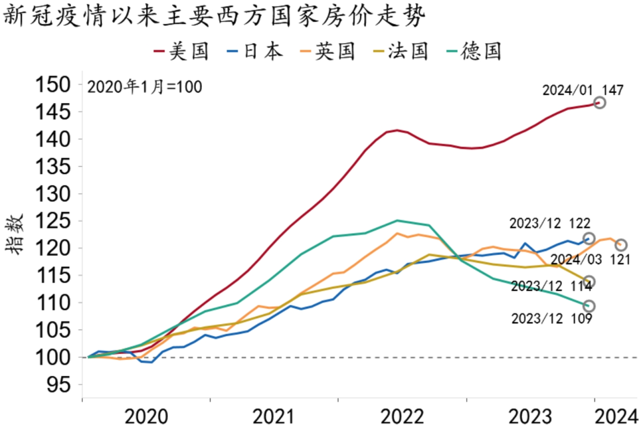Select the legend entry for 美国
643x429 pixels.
pos(182,51)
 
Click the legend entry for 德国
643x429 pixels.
pos(474,51)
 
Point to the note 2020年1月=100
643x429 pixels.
pos(145,87)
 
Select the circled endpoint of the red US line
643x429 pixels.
pos(600,102)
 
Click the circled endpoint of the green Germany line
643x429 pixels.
pos(589,306)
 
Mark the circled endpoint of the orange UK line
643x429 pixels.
pos(621,245)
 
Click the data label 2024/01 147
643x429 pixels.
pos(583,91)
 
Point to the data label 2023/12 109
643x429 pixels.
pos(551,319)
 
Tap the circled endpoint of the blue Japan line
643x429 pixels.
pos(589,238)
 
